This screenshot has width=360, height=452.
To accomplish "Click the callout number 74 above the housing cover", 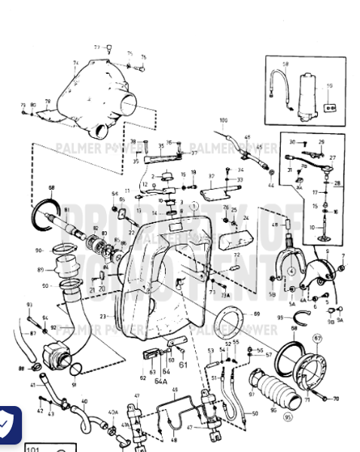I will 75,63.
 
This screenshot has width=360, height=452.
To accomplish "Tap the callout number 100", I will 223,121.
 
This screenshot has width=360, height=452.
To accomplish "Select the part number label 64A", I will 160,381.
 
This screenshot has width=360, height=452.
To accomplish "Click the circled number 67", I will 317,338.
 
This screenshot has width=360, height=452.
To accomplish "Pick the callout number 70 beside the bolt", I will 335,399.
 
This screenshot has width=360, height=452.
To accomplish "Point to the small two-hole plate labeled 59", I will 328,108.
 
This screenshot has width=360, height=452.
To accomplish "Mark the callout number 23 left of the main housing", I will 102,316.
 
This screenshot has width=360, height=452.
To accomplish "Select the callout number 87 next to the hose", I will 32,332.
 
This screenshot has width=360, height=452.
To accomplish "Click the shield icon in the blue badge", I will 8,426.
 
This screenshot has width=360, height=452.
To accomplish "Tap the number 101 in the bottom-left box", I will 33,448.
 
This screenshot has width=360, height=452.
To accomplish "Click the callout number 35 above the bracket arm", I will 160,145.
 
